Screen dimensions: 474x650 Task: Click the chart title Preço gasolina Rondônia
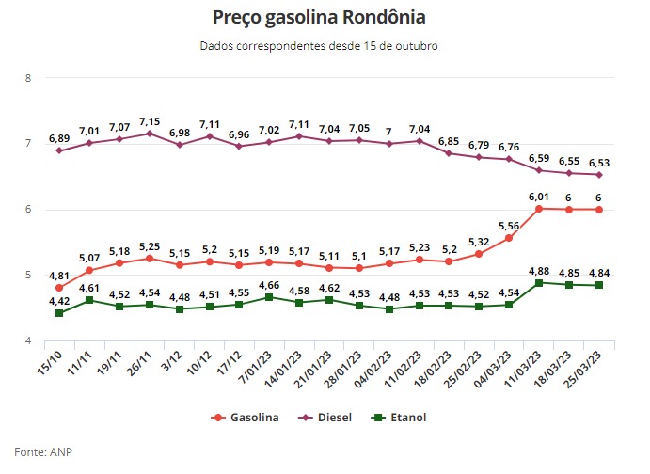[325, 18]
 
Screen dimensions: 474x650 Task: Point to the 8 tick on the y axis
[28, 77]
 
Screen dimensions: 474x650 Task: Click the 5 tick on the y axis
[28, 275]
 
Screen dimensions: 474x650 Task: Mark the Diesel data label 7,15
[151, 122]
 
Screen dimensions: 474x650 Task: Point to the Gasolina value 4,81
[58, 276]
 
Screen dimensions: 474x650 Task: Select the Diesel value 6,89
[58, 138]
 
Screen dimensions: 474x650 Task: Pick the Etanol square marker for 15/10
[58, 313]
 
